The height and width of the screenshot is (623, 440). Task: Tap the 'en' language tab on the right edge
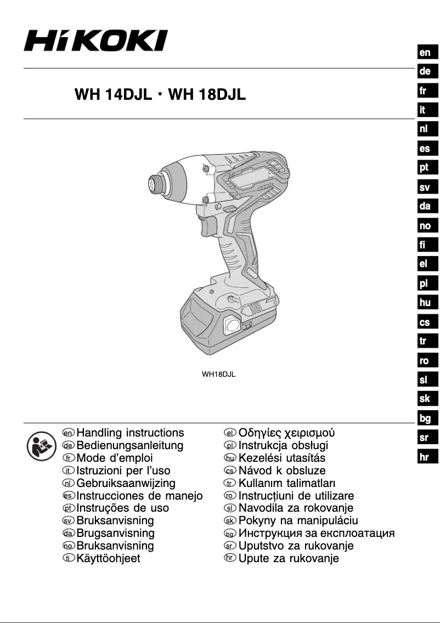(425, 53)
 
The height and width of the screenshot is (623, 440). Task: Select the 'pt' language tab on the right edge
(425, 168)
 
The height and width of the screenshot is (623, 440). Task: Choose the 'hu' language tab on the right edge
(425, 302)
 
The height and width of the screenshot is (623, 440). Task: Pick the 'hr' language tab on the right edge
(425, 457)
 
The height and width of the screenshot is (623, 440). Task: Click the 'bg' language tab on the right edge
(425, 419)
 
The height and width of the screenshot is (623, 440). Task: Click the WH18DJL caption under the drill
(218, 375)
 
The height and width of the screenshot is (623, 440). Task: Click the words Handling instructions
(130, 433)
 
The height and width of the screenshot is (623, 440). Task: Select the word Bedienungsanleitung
(130, 445)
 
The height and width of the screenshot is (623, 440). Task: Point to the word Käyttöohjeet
(108, 559)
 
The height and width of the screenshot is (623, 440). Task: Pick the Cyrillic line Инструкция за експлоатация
(317, 533)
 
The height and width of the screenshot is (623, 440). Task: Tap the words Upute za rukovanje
(289, 559)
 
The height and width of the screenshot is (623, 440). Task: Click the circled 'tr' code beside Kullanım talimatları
(230, 483)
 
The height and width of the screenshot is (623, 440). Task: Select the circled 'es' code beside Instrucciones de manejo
(69, 496)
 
